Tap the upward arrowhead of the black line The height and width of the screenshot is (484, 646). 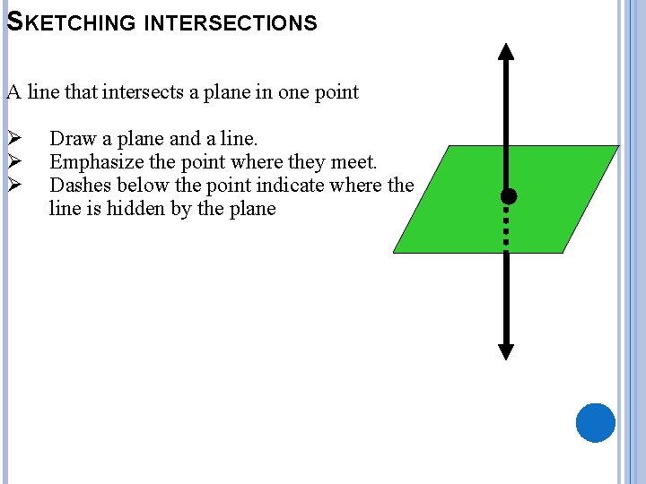click(x=506, y=51)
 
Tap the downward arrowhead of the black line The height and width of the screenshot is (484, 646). click(x=506, y=350)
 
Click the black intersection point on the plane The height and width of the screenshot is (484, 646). click(x=508, y=196)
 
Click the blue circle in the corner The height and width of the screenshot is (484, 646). click(x=595, y=422)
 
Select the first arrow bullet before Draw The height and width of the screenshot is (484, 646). click(x=13, y=139)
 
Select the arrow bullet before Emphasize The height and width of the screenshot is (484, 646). click(x=13, y=162)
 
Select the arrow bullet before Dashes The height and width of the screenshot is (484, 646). click(x=13, y=186)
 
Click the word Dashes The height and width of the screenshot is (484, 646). click(x=79, y=186)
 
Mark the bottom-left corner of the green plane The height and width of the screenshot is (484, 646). click(x=395, y=252)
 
